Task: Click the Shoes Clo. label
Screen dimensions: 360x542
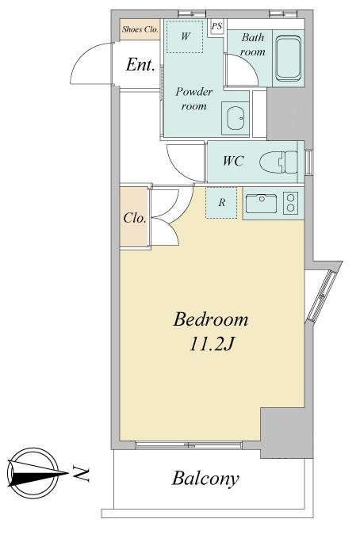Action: pyautogui.click(x=140, y=29)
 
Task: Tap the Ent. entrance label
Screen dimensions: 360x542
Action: pyautogui.click(x=140, y=65)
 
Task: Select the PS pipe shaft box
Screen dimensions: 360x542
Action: pyautogui.click(x=216, y=26)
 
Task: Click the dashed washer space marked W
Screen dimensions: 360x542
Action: pyautogui.click(x=185, y=36)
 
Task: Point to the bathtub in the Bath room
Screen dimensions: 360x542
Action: pyautogui.click(x=288, y=58)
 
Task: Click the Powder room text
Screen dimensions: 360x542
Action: pyautogui.click(x=193, y=99)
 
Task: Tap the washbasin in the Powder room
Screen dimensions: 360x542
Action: pyautogui.click(x=236, y=118)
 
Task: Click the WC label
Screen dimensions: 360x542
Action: pyautogui.click(x=233, y=161)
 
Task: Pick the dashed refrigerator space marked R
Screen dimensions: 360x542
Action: pyautogui.click(x=221, y=203)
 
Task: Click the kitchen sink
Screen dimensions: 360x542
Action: pyautogui.click(x=262, y=203)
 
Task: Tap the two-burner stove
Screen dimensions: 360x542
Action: pyautogui.click(x=291, y=202)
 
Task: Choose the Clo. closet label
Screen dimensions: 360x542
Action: pyautogui.click(x=135, y=218)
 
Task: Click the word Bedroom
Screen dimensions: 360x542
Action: pyautogui.click(x=211, y=319)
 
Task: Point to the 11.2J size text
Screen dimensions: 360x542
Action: pyautogui.click(x=211, y=344)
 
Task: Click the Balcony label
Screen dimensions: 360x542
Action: pyautogui.click(x=205, y=479)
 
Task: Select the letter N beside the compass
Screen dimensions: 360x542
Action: pyautogui.click(x=82, y=474)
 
